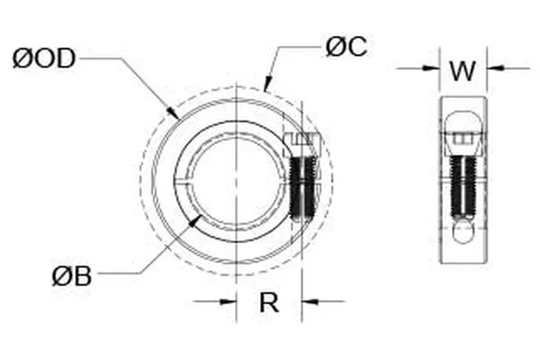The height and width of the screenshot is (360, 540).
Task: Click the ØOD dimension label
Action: pos(43,59)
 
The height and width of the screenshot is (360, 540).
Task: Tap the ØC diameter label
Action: pos(346,48)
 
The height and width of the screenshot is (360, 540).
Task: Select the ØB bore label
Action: pos(71,275)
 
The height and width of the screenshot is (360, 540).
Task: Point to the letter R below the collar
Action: pos(268,303)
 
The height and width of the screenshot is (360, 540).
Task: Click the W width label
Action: pos(462,70)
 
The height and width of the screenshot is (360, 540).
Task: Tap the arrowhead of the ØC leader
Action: pos(267,86)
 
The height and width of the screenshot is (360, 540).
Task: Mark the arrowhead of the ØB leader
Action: pos(199,219)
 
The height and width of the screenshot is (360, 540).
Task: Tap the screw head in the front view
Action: pos(304,144)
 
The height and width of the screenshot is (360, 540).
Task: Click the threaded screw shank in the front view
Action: pos(304,187)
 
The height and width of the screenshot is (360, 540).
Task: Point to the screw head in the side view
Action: pos(463,139)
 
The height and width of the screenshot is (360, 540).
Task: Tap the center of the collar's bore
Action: pos(236,177)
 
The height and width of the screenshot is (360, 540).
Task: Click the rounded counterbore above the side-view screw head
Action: pos(463,117)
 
